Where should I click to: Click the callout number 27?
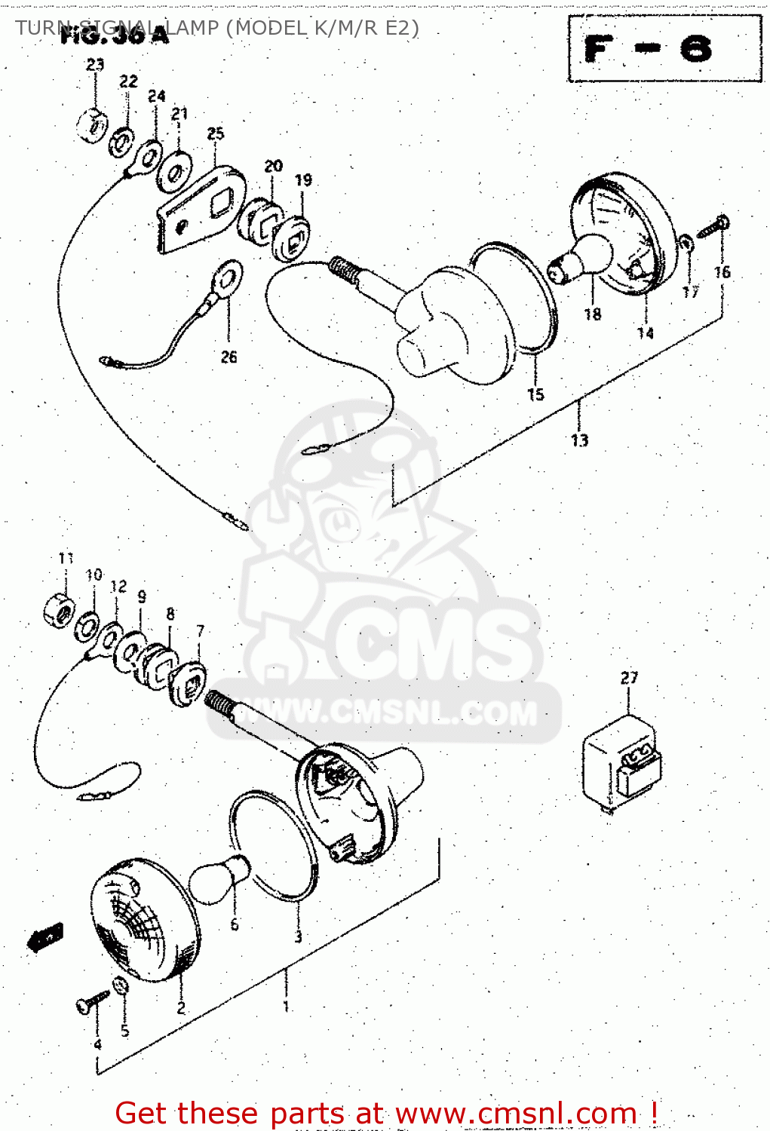coord(629,678)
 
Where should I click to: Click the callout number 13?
coord(579,440)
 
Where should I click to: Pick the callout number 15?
coord(535,394)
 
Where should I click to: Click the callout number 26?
coord(229,357)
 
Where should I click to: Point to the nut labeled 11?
coord(59,608)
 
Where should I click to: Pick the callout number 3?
coord(298,937)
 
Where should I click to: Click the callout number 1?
coord(286,1007)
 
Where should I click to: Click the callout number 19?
coord(303,180)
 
